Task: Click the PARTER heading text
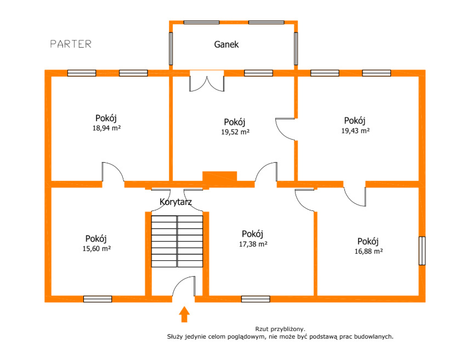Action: (x=71, y=44)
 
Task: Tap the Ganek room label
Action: (x=226, y=44)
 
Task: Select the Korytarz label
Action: (x=175, y=202)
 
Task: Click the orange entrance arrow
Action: (x=184, y=314)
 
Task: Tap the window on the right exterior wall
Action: (x=422, y=250)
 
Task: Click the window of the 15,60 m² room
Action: (x=98, y=299)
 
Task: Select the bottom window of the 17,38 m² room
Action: (x=256, y=299)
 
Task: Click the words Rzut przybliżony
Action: (x=280, y=329)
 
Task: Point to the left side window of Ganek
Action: (x=171, y=49)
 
